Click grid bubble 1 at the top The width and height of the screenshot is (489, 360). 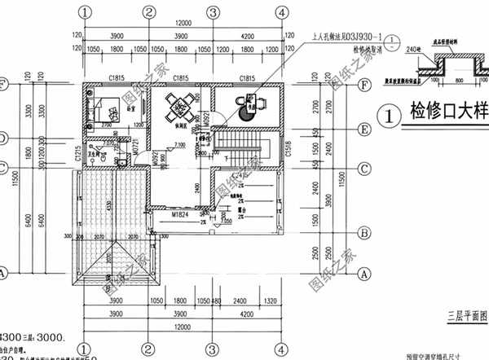85,12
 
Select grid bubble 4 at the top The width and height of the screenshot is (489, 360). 280,12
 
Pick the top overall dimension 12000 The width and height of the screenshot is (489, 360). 182,24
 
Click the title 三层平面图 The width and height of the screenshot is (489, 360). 465,311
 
